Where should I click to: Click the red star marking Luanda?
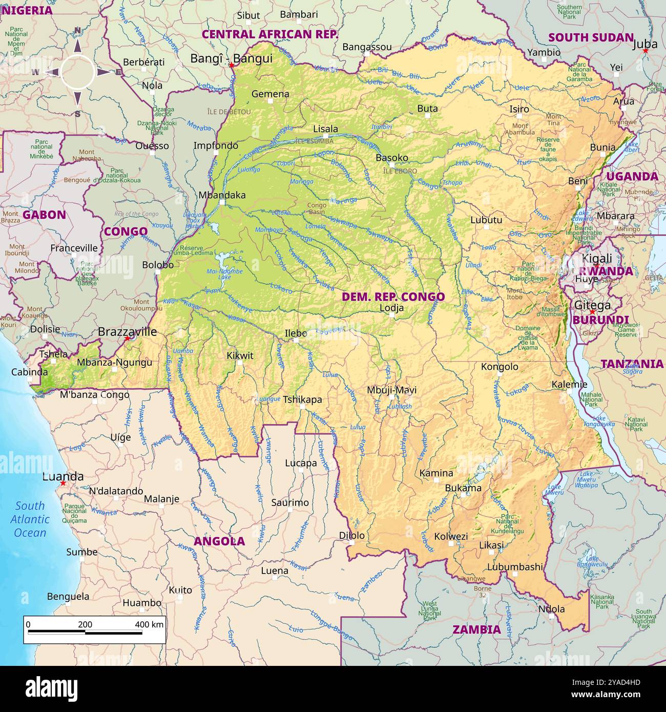[x=63, y=483]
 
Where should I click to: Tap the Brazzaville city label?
[x=127, y=331]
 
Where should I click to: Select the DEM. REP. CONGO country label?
[x=393, y=297]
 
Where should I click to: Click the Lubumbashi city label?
[x=514, y=567]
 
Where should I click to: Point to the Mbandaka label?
[x=222, y=195]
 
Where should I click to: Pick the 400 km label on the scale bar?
[x=149, y=624]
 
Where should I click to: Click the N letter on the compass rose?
[x=77, y=30]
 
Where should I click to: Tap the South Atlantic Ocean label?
[x=30, y=519]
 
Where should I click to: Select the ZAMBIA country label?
[x=476, y=630]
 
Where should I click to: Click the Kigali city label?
[x=597, y=258]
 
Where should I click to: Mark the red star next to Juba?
[x=646, y=51]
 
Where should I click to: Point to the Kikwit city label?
[x=240, y=355]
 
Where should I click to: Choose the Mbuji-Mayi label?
[x=391, y=390]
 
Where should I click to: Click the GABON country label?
[x=44, y=215]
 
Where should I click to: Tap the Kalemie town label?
[x=569, y=384]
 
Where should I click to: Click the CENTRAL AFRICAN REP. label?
[x=270, y=34]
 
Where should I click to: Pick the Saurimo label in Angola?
[x=290, y=502]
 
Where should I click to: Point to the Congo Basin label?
[x=316, y=208]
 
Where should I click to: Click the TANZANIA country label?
[x=632, y=364]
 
